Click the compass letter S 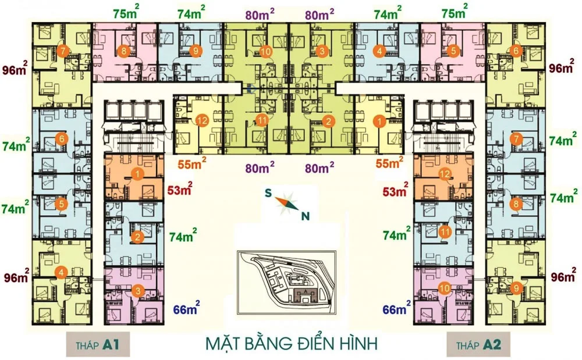click(268, 194)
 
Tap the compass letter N click(304, 217)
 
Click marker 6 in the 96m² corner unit click(516, 51)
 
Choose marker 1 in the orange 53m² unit click(137, 173)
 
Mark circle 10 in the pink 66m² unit click(444, 287)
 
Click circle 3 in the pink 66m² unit click(137, 291)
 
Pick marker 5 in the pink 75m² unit click(453, 51)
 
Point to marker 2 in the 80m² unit click(328, 122)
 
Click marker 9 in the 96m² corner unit click(515, 287)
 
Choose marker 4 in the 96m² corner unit click(60, 272)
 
